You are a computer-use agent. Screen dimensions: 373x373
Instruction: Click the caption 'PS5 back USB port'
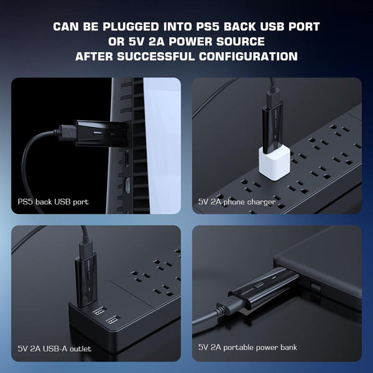[53, 202]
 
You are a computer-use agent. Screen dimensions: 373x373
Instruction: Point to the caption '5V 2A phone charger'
[237, 202]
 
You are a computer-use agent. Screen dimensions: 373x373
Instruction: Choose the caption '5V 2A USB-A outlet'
[55, 349]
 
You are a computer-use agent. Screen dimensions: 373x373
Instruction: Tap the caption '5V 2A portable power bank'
[247, 347]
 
